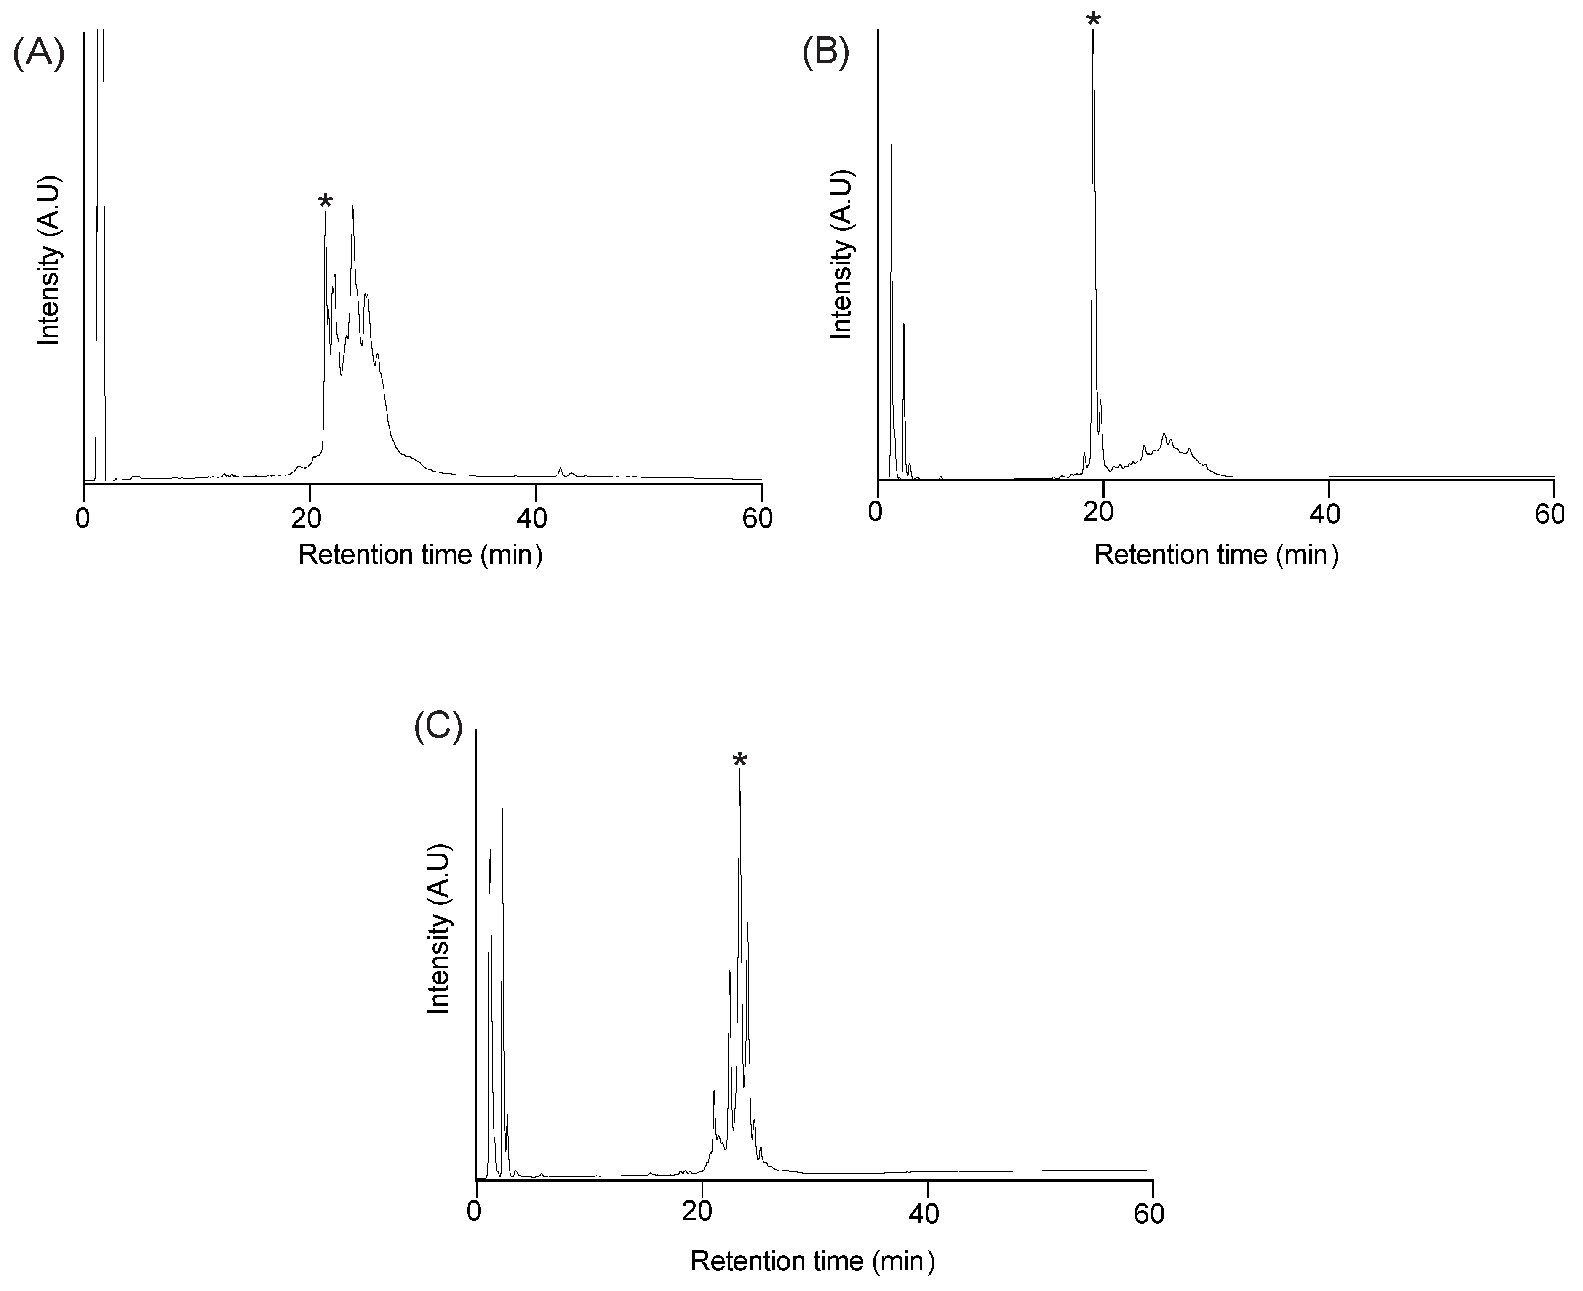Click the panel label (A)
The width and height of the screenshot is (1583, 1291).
pyautogui.click(x=39, y=53)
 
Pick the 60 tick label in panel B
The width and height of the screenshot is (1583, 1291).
pyautogui.click(x=1550, y=513)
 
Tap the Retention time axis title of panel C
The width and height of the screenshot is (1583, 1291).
pyautogui.click(x=812, y=1261)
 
